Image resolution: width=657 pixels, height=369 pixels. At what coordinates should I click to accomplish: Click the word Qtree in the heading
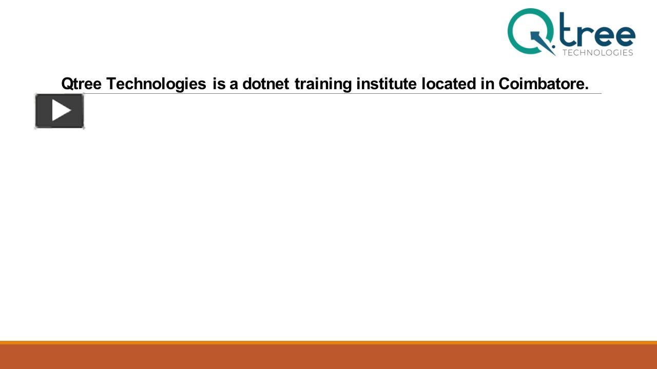click(82, 84)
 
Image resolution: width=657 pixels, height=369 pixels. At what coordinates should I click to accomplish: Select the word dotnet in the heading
click(266, 84)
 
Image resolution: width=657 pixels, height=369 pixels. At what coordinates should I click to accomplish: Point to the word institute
click(387, 84)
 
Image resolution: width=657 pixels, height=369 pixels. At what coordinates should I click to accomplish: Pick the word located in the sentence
click(449, 84)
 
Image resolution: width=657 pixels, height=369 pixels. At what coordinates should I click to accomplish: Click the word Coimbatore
click(544, 84)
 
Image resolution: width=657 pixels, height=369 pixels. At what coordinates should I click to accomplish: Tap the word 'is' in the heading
click(219, 84)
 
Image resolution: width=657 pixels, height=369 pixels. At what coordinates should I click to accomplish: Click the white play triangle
click(61, 110)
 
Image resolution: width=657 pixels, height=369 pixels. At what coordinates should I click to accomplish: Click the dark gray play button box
click(60, 111)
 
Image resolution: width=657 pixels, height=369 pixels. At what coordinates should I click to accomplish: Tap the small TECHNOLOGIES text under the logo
click(598, 53)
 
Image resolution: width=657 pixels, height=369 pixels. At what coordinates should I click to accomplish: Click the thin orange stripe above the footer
click(328, 343)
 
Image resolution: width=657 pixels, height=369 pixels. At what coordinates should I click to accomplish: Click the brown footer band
click(328, 357)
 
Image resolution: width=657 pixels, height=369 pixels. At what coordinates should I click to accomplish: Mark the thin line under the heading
click(342, 93)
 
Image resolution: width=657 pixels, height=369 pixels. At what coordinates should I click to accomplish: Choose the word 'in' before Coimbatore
click(487, 84)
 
